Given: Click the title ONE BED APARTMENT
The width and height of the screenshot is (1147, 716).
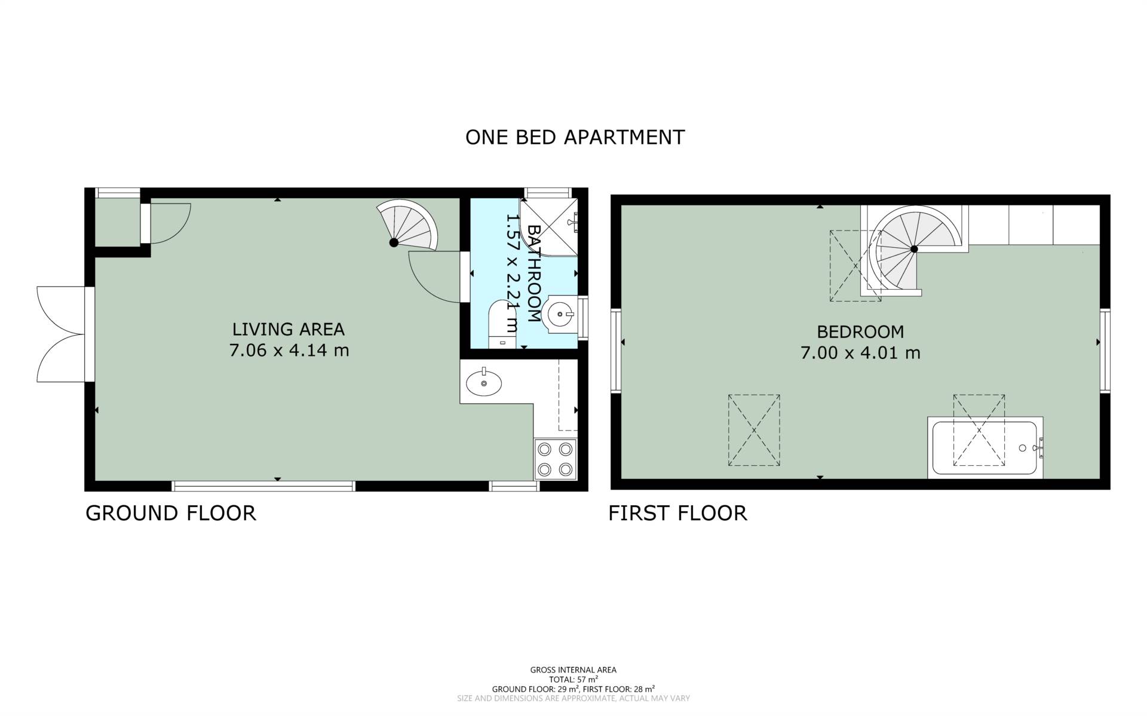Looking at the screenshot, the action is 575,137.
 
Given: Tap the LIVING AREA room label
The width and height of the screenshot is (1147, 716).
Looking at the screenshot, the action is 289,329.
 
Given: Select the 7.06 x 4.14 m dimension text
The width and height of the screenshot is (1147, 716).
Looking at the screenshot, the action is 289,350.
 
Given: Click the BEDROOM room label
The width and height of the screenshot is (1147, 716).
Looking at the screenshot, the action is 860,331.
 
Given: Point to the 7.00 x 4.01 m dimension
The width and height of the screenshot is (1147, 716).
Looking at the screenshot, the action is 860,353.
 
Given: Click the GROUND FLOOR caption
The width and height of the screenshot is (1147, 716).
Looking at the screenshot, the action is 171,513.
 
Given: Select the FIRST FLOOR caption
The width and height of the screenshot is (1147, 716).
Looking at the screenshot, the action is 677,513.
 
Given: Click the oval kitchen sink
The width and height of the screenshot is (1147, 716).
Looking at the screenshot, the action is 484,382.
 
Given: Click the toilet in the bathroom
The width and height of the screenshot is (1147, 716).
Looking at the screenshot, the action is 502,325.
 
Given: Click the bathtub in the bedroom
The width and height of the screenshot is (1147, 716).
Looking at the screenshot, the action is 985,448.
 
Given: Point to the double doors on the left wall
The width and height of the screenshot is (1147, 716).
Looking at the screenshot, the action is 60,334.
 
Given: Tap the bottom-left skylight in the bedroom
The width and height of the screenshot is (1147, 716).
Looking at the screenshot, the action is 754,430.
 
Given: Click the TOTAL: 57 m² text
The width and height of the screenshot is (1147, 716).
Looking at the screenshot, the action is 573,680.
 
